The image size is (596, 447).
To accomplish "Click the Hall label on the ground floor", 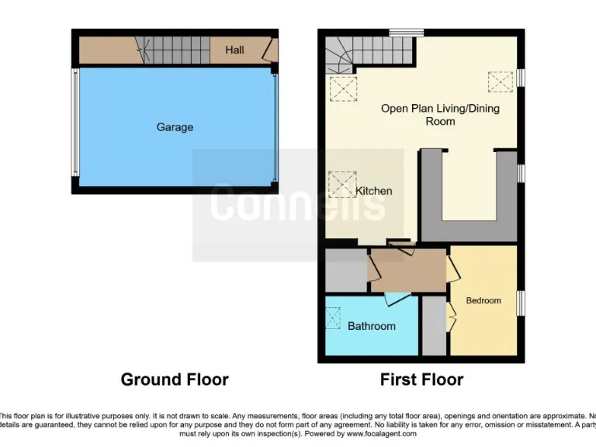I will [x=234, y=50].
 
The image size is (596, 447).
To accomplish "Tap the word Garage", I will [x=175, y=127].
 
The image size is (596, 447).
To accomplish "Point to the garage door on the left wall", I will [x=75, y=122].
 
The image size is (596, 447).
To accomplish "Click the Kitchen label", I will [x=373, y=191].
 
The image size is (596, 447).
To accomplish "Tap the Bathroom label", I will [x=371, y=326].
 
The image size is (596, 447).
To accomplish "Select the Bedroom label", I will [x=483, y=300].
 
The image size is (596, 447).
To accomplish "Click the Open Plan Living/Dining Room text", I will [x=439, y=115].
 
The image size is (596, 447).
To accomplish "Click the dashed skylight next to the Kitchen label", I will [x=341, y=184].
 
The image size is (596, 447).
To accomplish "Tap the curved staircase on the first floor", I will [x=341, y=54].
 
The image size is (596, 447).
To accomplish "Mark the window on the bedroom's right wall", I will [x=521, y=303].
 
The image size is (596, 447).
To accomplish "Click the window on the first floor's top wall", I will [x=407, y=33].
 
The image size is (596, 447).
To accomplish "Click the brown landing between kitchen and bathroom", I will [x=408, y=270].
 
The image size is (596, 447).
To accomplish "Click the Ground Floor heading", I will [x=175, y=379].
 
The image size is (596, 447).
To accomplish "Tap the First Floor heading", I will [x=421, y=379].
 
